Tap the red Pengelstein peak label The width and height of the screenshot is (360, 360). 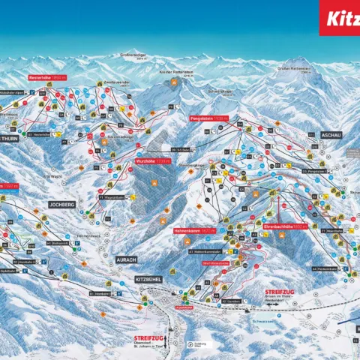pyautogui.click(x=209, y=118)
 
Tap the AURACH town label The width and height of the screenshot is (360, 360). pyautogui.click(x=126, y=259)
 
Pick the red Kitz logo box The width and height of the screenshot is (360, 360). pyautogui.click(x=339, y=17)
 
